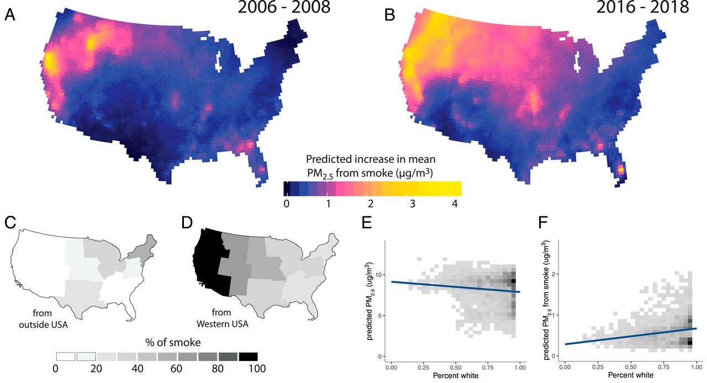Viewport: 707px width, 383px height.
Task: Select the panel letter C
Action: pyautogui.click(x=10, y=223)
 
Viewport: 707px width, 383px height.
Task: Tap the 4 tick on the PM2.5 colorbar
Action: pyautogui.click(x=453, y=204)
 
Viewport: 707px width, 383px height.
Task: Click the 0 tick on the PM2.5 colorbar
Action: pyautogui.click(x=286, y=204)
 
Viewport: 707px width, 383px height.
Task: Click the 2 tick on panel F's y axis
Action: pyautogui.click(x=555, y=274)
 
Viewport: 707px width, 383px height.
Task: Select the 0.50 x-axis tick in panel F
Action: pyautogui.click(x=631, y=366)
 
